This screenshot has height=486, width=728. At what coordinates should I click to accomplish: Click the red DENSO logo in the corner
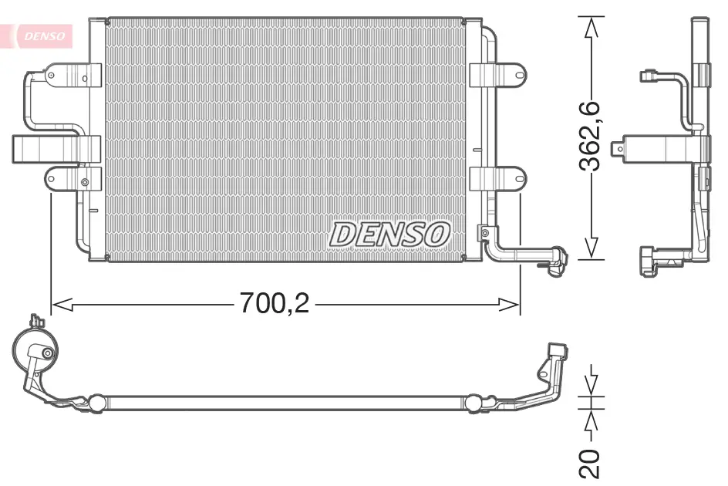(x=43, y=35)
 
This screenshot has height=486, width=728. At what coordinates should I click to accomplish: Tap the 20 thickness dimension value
(x=591, y=463)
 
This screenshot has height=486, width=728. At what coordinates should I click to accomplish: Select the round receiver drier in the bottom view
(x=35, y=353)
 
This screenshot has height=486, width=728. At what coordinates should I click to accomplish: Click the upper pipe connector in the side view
(x=649, y=76)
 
